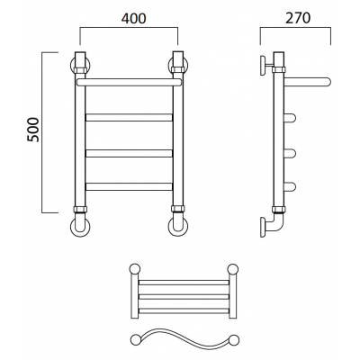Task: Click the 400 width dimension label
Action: [x=133, y=18]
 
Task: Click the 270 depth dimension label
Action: [x=298, y=18]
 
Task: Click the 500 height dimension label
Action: [x=33, y=130]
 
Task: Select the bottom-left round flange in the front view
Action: [x=80, y=227]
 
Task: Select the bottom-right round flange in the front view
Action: [x=178, y=227]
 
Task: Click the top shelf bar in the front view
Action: [x=129, y=83]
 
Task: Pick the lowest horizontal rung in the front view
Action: [x=130, y=186]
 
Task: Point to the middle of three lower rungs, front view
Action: [x=130, y=153]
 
